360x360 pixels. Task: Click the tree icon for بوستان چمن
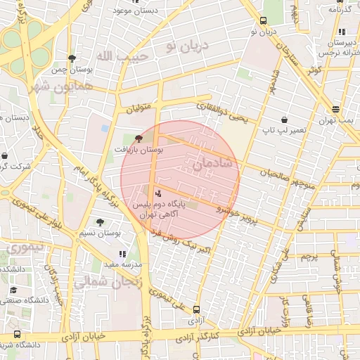coord(72,58)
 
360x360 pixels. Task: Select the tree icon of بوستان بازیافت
coord(138,139)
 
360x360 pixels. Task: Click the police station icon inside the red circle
coord(157,192)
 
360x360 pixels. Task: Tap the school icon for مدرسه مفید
coord(122,253)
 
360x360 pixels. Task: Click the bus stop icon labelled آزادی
coord(196,309)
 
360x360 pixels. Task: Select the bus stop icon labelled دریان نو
coord(263,20)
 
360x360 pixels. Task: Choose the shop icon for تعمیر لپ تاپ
coord(283,120)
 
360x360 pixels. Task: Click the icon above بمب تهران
coord(335,109)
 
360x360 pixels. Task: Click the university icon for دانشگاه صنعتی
coord(13,290)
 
